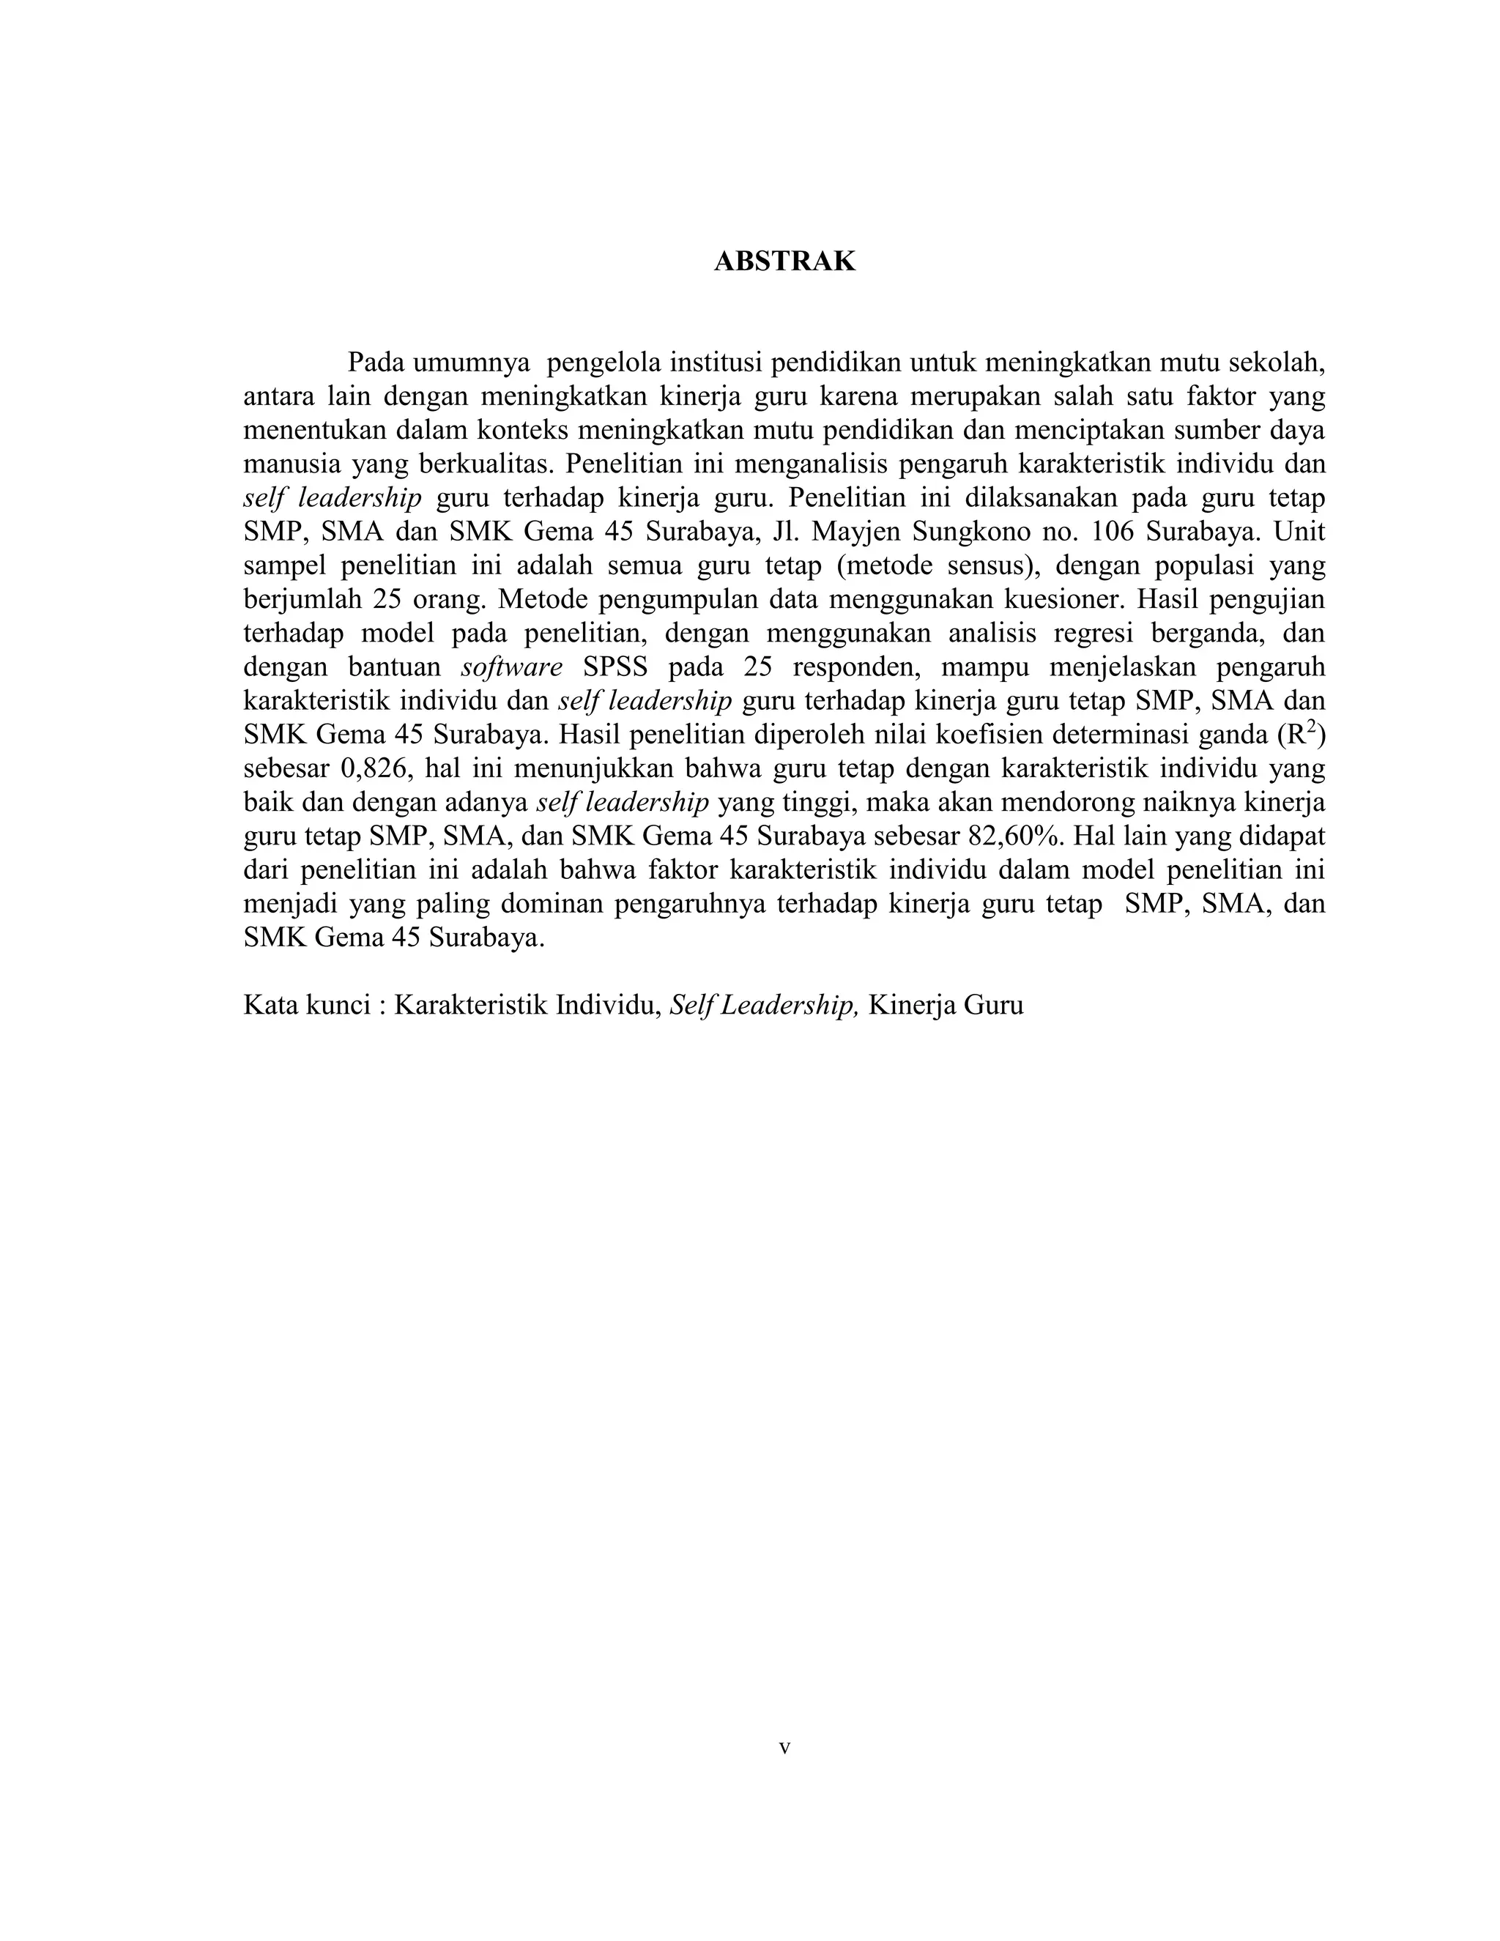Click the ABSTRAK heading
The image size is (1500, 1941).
[x=784, y=261]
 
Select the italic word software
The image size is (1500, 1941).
[x=512, y=667]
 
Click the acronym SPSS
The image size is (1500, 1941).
[x=615, y=667]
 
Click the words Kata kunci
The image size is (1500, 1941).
[x=305, y=1005]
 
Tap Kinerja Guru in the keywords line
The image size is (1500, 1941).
[x=946, y=1005]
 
